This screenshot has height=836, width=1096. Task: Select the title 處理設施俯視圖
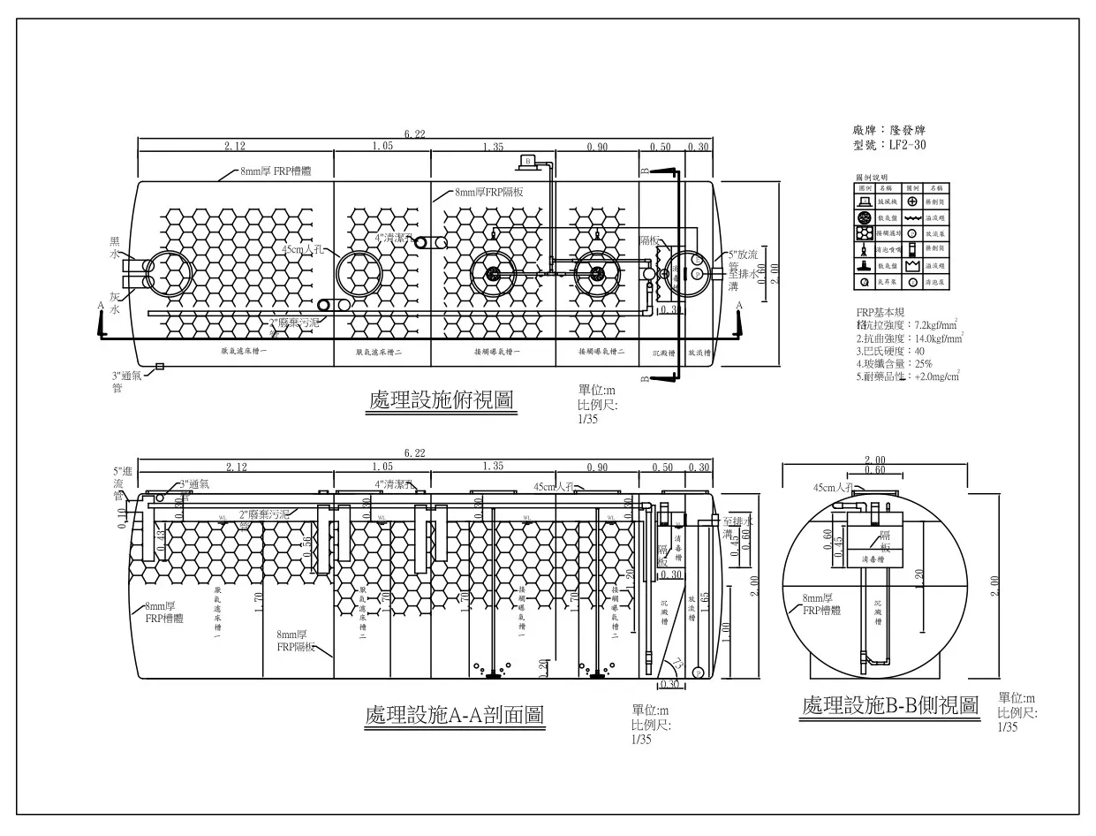441,400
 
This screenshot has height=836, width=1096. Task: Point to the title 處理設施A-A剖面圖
454,715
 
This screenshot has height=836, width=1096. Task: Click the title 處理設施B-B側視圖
890,705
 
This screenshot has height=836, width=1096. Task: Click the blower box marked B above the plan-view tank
527,161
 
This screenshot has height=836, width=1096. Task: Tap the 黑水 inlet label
114,247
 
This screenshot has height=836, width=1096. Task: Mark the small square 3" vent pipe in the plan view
159,367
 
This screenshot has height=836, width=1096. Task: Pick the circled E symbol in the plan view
697,261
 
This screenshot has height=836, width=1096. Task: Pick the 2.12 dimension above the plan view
235,146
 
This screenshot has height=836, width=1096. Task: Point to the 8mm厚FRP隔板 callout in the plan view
488,192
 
